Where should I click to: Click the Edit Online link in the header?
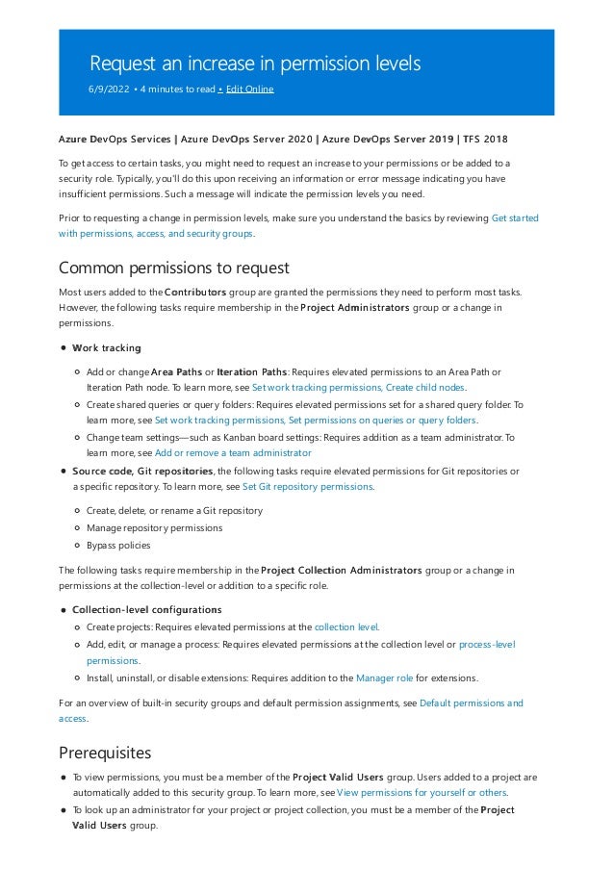coord(249,89)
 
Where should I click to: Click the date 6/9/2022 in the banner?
coord(110,89)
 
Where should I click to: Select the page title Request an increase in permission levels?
coord(255,64)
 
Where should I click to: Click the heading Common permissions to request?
coord(174,268)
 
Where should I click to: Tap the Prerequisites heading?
coord(105,752)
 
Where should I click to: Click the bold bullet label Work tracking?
coord(107,347)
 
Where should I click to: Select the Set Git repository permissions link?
coord(307,487)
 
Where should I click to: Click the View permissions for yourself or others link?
coord(422,793)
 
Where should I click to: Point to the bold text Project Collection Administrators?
coord(341,571)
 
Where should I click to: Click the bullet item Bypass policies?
coord(118,545)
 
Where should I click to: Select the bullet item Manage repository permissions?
coord(154,527)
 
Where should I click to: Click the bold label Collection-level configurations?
coord(147,609)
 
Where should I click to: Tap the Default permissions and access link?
coord(471,703)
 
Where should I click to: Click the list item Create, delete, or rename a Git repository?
coord(174,510)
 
